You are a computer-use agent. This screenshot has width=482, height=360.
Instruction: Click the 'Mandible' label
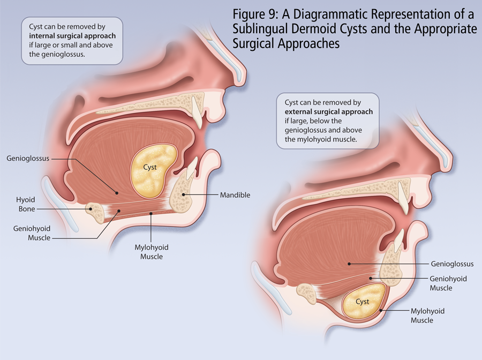[x=235, y=196]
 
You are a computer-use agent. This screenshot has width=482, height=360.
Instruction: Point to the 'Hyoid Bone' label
[x=26, y=204]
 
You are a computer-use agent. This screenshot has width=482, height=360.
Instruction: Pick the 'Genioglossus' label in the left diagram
[x=28, y=159]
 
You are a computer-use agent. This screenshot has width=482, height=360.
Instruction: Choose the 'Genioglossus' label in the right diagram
[x=452, y=264]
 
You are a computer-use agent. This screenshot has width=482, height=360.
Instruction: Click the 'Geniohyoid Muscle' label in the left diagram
[x=32, y=233]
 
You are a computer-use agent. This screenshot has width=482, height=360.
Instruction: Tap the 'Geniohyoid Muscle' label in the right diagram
[x=448, y=283]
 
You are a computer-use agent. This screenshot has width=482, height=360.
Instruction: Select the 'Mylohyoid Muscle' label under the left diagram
[x=151, y=252]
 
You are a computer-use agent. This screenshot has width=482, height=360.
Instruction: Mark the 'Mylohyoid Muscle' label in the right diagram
[x=427, y=316]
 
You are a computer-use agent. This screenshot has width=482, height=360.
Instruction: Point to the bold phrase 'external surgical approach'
[x=329, y=112]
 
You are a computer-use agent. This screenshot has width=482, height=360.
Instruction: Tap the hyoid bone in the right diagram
[x=308, y=292]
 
